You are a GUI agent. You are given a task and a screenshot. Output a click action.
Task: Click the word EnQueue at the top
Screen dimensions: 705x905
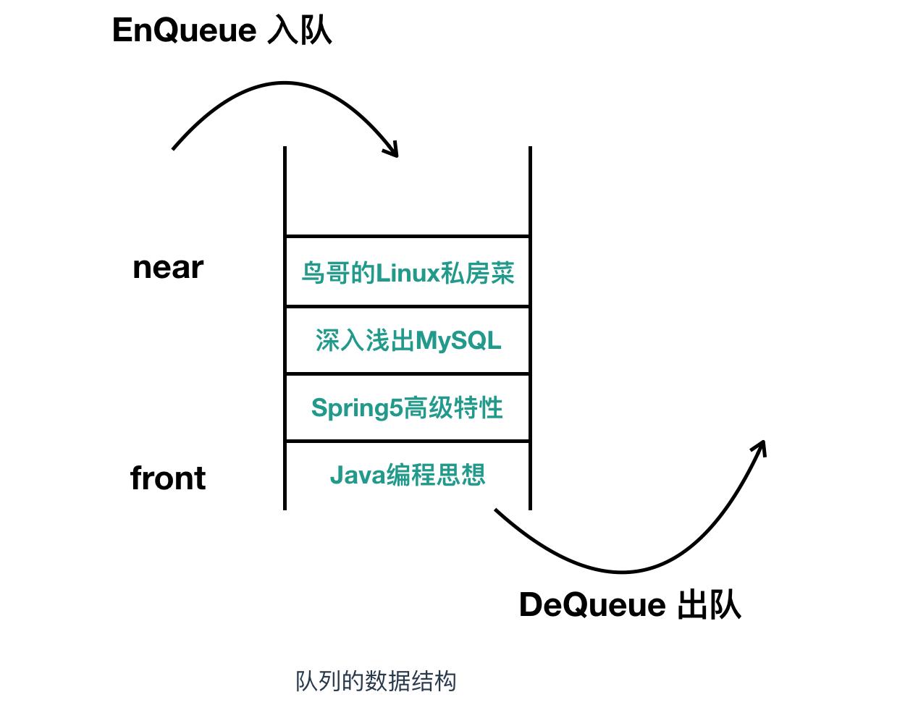point(184,30)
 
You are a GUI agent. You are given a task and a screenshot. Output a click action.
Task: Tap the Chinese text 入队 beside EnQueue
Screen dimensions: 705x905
point(300,30)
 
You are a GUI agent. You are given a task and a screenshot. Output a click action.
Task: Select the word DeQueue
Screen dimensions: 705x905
point(592,605)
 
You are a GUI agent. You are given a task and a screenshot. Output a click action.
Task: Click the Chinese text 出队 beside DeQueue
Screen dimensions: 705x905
point(710,605)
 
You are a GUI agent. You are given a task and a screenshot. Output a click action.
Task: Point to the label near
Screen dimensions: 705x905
point(168,268)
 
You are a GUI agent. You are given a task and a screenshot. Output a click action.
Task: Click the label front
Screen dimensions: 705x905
point(168,478)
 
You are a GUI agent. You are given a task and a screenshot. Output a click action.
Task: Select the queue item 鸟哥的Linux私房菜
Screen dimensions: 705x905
point(408,273)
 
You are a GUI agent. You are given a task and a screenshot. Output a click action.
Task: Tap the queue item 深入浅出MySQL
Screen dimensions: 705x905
point(408,339)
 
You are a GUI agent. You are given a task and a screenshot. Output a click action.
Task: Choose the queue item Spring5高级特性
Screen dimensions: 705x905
point(407,408)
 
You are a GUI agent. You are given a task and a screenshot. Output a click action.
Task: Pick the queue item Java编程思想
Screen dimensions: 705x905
point(408,475)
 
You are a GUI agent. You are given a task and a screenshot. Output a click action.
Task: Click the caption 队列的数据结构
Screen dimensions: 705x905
point(376,681)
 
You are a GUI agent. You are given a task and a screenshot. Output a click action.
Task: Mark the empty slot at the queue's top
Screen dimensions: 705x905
point(408,192)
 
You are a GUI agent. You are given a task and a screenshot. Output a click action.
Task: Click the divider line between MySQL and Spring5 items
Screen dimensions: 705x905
point(408,373)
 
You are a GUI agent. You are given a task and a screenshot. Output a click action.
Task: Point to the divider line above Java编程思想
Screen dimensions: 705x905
point(408,441)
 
